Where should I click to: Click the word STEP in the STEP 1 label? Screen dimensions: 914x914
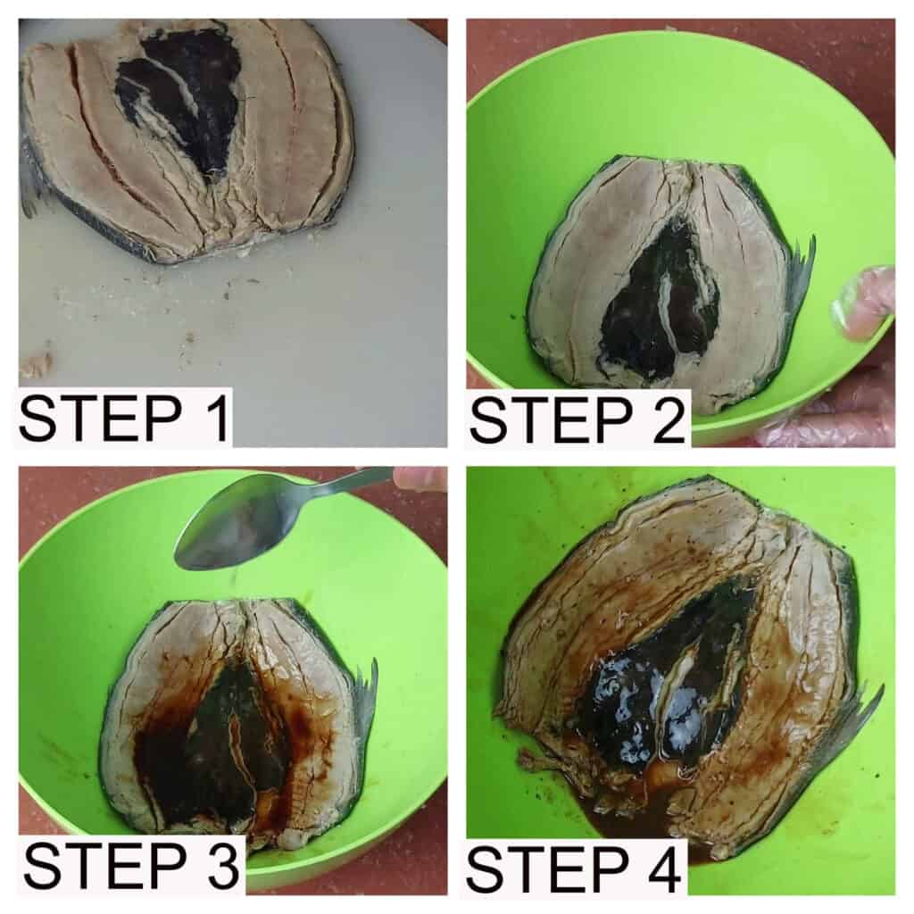(x=100, y=418)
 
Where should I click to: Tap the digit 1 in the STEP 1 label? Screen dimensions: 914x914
(x=214, y=418)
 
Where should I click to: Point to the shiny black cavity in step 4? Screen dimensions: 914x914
(x=670, y=682)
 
